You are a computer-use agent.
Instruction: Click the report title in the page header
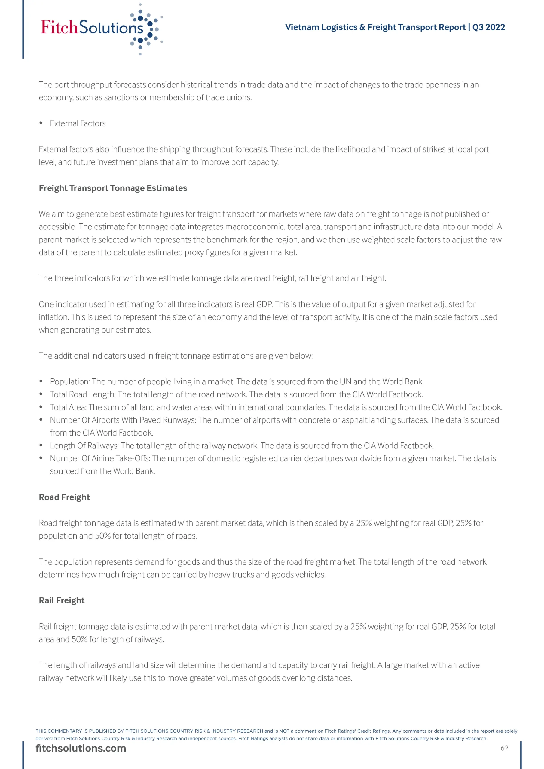pos(395,27)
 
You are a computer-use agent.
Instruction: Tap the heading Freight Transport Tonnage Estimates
pos(113,188)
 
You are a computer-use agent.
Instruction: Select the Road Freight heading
pos(64,497)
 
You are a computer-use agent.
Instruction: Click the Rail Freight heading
pos(62,600)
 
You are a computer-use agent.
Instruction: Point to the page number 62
pos(504,748)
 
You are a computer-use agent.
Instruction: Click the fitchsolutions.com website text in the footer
pos(81,748)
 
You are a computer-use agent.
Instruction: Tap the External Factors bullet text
pos(78,123)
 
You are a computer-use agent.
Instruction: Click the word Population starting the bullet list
pos(69,382)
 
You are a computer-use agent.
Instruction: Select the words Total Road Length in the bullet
pos(82,394)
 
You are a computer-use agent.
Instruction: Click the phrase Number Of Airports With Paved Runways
pos(123,420)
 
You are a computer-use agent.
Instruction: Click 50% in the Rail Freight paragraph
pos(79,640)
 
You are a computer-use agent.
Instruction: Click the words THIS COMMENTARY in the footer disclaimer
pos(58,731)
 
